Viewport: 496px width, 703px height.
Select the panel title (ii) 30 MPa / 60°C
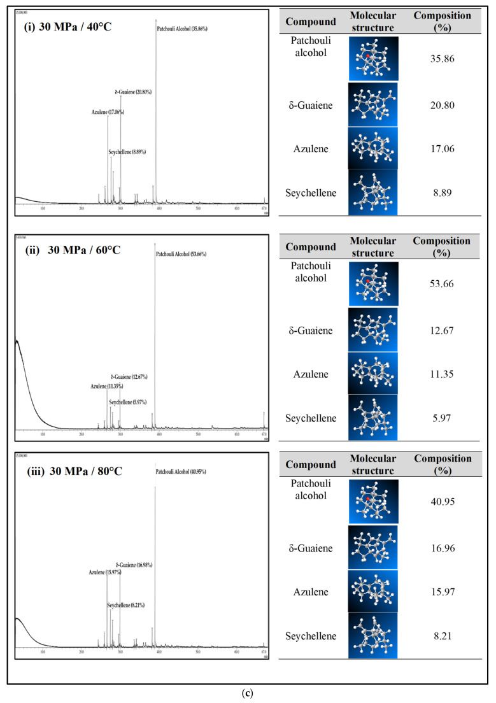[71, 249]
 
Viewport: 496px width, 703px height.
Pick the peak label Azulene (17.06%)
[107, 112]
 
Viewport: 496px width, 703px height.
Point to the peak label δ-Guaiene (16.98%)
[134, 565]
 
